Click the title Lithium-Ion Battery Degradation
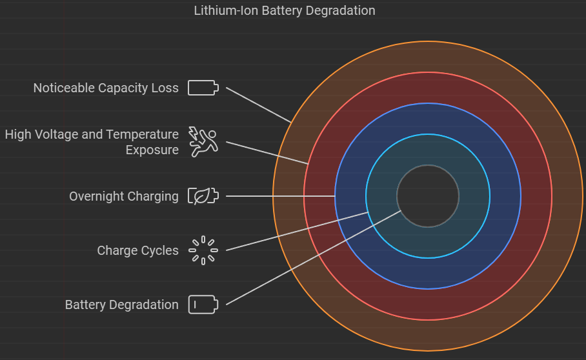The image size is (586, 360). (284, 10)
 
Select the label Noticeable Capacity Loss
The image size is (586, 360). (106, 88)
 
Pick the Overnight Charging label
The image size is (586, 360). (124, 196)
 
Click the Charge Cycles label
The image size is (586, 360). (137, 250)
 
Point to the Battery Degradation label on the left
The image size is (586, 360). (121, 305)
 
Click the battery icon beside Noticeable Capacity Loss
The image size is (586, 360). (203, 88)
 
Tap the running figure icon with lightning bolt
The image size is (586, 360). (203, 142)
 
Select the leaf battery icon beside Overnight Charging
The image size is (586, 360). (203, 196)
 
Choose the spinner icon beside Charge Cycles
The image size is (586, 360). (203, 250)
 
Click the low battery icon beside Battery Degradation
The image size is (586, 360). (203, 305)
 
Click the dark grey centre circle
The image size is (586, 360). (428, 196)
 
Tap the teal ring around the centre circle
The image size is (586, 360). (428, 149)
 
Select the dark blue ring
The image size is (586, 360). (428, 119)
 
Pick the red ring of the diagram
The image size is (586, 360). (428, 88)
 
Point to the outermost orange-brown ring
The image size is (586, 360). (428, 57)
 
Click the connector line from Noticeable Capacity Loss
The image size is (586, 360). (258, 104)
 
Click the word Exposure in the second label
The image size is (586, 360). (152, 150)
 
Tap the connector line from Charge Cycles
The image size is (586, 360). (297, 231)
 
